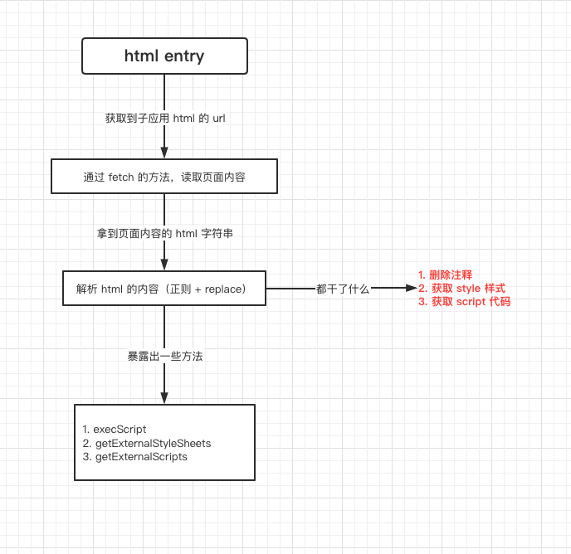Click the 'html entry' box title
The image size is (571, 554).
click(164, 56)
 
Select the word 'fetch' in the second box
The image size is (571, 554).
click(121, 177)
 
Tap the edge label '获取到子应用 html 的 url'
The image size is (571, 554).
click(165, 119)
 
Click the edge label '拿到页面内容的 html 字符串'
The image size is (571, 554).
click(165, 233)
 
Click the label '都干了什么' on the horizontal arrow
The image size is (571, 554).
click(343, 289)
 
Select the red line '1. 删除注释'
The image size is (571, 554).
click(445, 275)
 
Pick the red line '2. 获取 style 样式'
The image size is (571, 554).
click(461, 289)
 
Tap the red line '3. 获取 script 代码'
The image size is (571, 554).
click(464, 301)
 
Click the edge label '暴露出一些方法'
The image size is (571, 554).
click(165, 356)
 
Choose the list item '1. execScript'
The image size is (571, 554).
click(115, 429)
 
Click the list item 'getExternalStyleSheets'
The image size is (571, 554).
click(153, 444)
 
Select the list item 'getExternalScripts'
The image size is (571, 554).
click(141, 457)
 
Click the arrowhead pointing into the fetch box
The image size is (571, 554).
click(164, 153)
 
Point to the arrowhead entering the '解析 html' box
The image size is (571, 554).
click(164, 265)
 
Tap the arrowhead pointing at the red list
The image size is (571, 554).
click(412, 288)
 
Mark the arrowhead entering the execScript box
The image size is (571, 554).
click(164, 398)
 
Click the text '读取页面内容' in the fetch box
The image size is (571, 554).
click(213, 177)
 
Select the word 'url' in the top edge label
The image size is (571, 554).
click(219, 119)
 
